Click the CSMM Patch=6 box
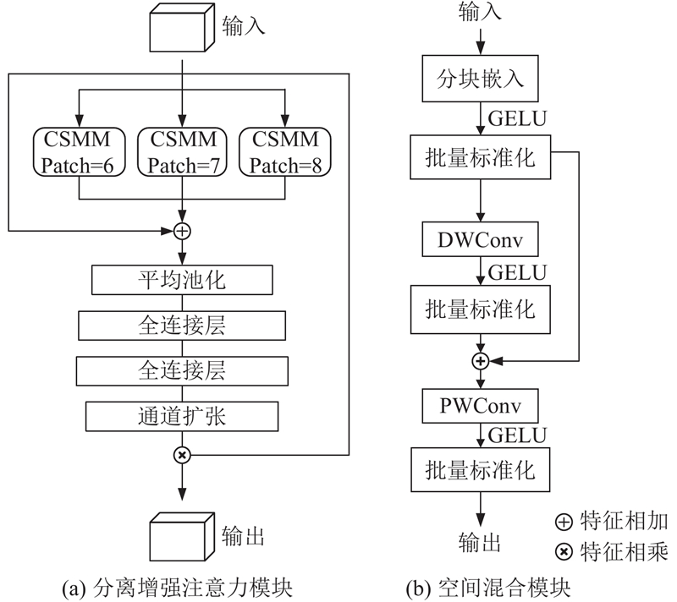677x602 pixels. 79,151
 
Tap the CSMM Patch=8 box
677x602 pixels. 285,151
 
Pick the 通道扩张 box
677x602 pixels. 182,415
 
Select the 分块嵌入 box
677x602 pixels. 481,80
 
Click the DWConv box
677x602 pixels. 481,241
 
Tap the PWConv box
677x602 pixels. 481,407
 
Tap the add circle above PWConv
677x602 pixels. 481,361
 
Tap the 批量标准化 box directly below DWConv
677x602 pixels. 481,307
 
